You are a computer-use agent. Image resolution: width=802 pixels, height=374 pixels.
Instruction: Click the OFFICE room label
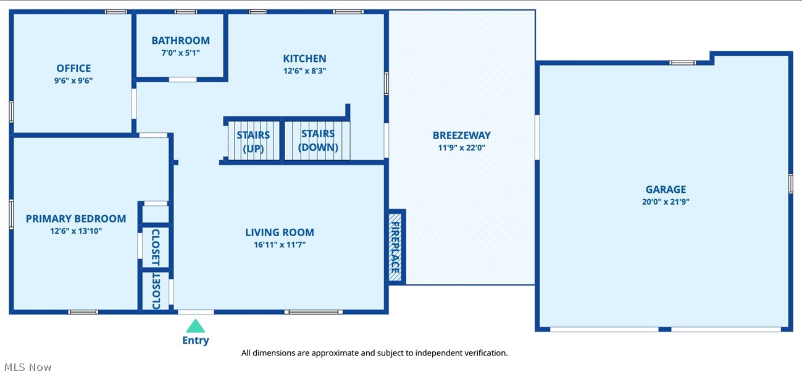point(73,69)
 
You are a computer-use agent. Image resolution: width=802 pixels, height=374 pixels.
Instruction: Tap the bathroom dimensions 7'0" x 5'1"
point(180,53)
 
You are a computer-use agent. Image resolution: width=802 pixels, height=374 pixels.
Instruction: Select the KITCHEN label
point(304,59)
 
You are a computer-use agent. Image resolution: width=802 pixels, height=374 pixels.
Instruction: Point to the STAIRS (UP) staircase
point(253,142)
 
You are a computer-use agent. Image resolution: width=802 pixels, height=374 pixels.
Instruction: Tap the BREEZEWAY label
point(461,135)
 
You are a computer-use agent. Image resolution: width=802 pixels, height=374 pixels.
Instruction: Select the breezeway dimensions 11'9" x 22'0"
point(461,148)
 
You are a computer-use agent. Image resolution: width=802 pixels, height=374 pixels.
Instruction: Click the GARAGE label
point(666,190)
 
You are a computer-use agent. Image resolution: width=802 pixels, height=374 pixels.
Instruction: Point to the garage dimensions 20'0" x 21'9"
point(666,202)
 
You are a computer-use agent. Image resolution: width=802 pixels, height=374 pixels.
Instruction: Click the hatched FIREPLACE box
point(395,247)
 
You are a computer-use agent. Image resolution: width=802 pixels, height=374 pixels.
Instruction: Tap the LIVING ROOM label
point(280,232)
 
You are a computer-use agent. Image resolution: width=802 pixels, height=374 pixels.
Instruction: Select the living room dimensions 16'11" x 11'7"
point(280,245)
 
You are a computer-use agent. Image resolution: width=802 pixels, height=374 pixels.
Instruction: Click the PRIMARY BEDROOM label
point(76,219)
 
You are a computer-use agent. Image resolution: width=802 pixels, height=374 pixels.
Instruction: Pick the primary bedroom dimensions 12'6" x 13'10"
point(76,231)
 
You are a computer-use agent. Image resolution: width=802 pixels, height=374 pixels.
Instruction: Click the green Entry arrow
point(195,326)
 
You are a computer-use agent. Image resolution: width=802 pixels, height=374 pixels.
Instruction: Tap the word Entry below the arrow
point(195,341)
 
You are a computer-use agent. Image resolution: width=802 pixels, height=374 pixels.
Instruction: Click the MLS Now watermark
point(27,367)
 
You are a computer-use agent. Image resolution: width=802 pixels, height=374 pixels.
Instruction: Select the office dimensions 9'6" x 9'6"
point(73,80)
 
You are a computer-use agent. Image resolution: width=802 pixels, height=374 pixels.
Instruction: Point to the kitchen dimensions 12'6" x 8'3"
point(304,70)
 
